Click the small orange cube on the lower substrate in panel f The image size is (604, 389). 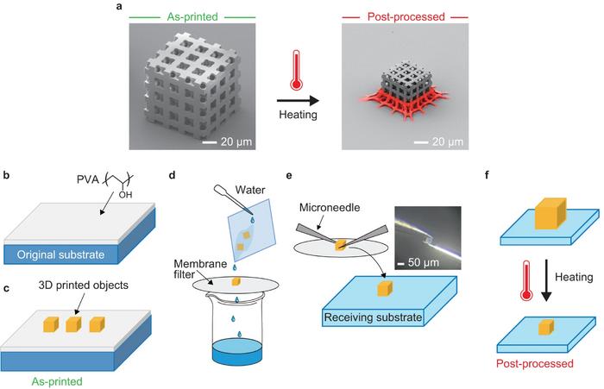coord(546,327)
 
